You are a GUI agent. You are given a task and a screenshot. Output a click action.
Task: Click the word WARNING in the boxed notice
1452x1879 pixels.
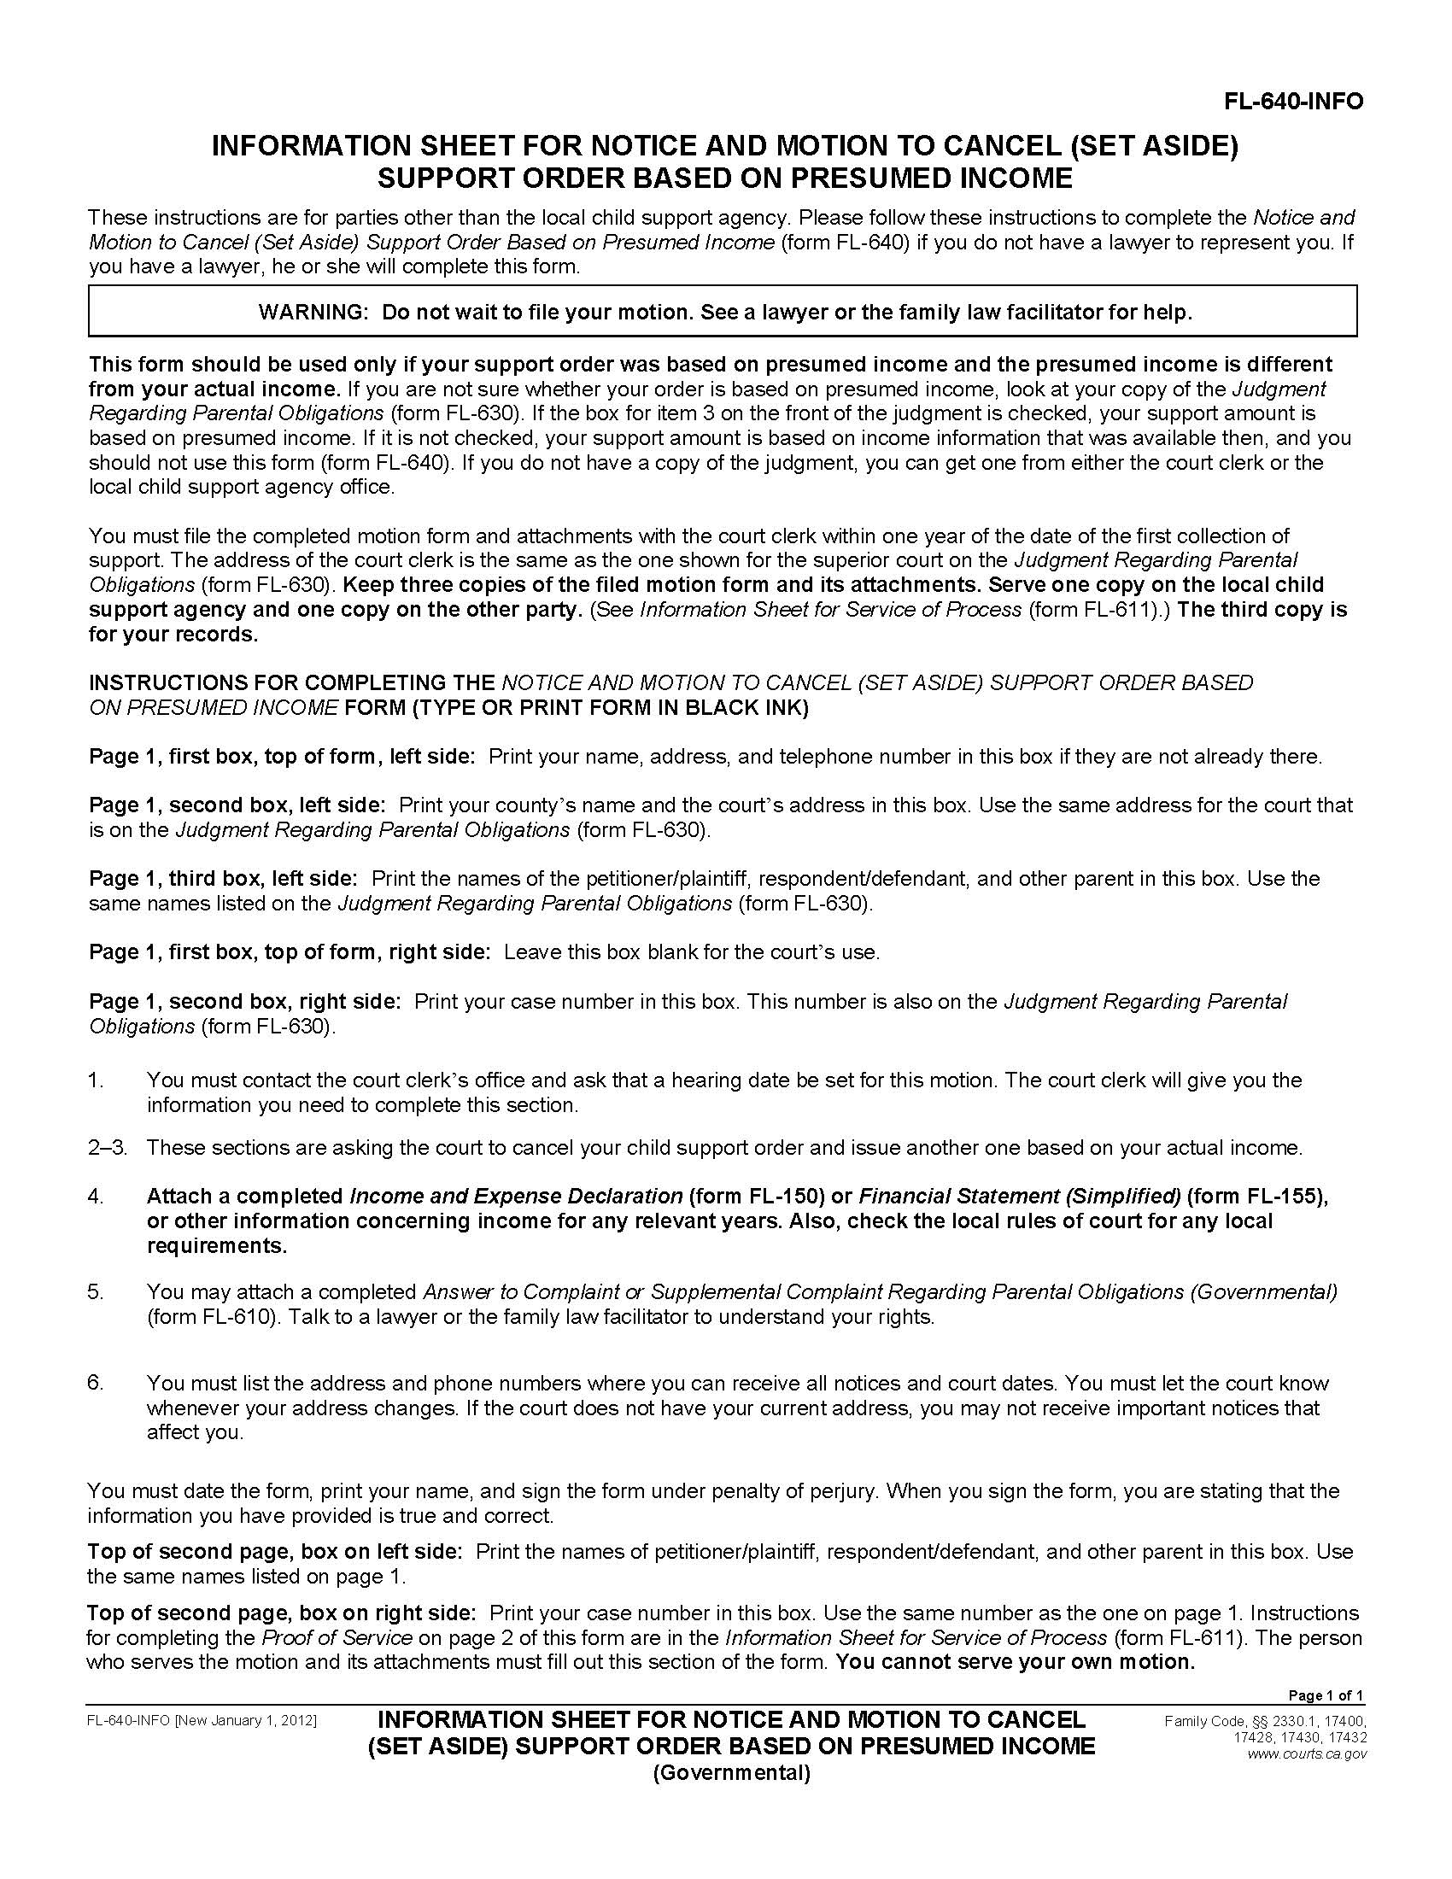click(313, 313)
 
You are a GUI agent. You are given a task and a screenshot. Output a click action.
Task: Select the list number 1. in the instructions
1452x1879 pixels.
click(96, 1080)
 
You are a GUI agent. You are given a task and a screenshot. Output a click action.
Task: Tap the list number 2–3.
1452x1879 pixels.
click(106, 1147)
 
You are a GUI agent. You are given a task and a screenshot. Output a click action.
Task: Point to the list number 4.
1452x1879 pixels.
click(96, 1196)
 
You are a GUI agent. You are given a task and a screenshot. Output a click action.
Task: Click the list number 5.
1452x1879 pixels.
click(96, 1291)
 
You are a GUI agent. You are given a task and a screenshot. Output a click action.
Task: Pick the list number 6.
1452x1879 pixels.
click(96, 1383)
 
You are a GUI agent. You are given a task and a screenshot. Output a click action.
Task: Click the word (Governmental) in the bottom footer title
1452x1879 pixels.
click(731, 1772)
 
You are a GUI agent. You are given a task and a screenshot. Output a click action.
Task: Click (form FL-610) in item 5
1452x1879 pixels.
click(213, 1316)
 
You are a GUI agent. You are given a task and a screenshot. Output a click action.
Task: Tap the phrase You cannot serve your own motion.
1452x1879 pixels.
click(1015, 1661)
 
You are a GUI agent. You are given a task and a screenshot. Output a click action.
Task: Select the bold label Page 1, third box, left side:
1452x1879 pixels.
click(223, 878)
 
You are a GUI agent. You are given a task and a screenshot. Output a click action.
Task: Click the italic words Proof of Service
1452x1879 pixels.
click(337, 1637)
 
